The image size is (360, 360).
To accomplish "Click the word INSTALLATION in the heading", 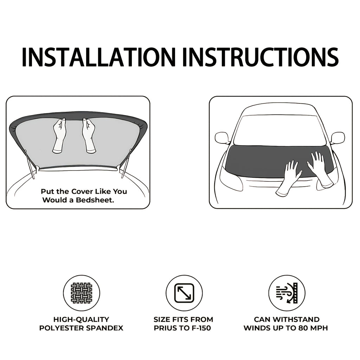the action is coord(99,57).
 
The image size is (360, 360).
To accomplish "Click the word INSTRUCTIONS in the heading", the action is coord(261,57).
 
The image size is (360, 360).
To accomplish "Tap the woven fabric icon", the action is coord(82,293).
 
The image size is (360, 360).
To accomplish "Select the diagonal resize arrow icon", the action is coord(184,293).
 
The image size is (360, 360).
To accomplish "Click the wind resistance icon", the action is coord(287,293).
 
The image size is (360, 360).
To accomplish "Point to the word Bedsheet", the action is coord(95,200).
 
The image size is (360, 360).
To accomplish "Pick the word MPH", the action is coord(319,328).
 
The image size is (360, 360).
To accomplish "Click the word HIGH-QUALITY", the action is coord(81,319).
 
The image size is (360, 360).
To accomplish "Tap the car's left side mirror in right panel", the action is coord(222,138).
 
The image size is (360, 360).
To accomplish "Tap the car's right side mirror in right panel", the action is coord(338,138).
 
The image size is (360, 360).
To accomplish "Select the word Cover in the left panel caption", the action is coord(82,191).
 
